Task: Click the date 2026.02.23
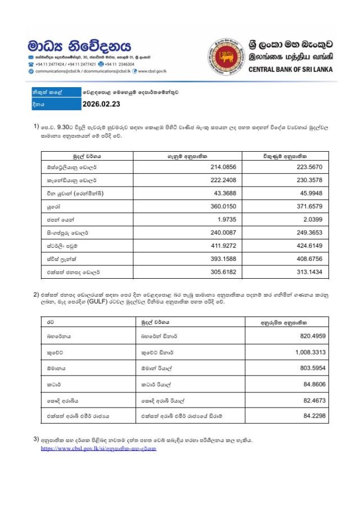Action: [101, 104]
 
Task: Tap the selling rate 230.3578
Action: [308, 180]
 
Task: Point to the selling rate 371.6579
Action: [308, 206]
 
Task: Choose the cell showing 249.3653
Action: [308, 232]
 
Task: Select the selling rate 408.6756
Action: [308, 258]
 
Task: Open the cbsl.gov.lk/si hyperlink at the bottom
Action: [98, 449]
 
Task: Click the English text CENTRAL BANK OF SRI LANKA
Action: [290, 70]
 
